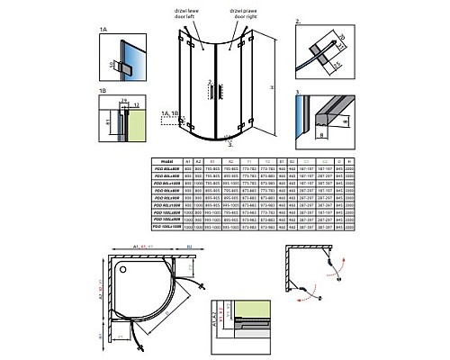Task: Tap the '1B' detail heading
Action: click(x=103, y=90)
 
